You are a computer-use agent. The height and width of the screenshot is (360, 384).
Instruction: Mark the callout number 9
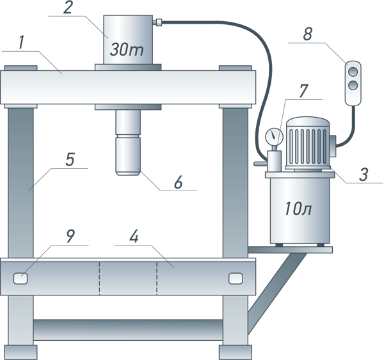[71, 236]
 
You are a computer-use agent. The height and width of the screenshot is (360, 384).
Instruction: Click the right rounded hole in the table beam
[235, 278]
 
